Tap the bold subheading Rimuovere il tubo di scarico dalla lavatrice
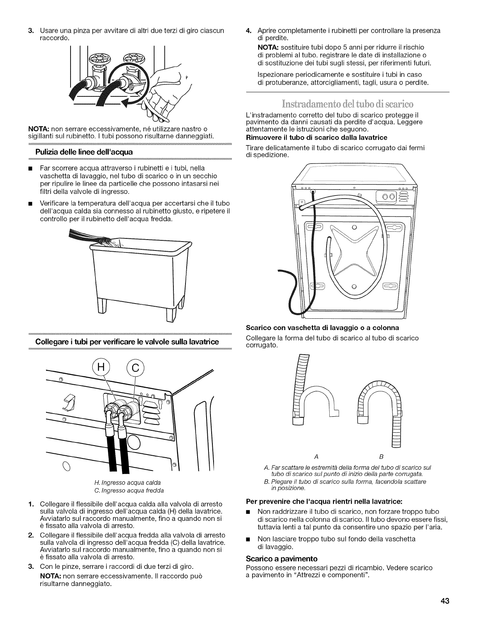[317, 137]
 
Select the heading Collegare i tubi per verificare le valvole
[127, 342]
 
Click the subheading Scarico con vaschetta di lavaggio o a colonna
[323, 327]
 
